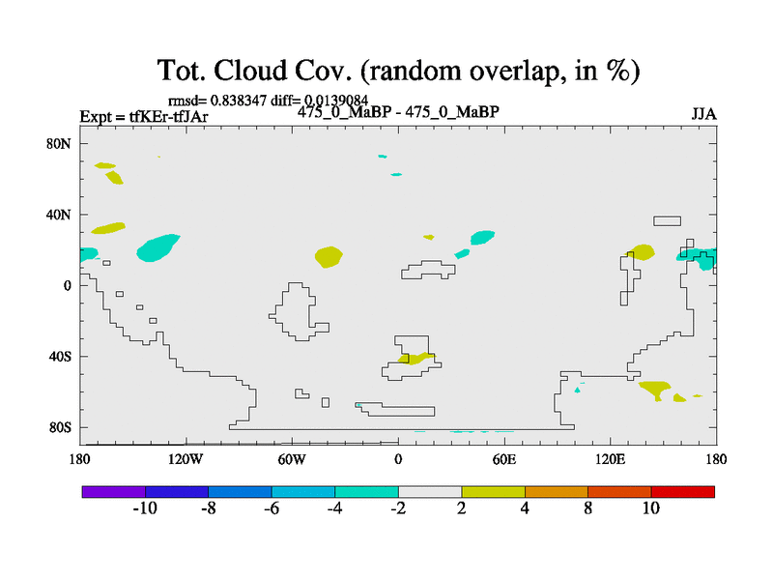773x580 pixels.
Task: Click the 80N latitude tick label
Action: point(59,143)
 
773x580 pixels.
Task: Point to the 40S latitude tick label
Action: point(60,357)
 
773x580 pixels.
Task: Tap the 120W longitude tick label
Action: point(185,460)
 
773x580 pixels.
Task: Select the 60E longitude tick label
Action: point(504,460)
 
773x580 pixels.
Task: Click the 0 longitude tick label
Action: point(398,460)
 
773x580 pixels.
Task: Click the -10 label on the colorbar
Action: point(145,508)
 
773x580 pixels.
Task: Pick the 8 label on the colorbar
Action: point(587,508)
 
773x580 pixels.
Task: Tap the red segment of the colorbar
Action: point(683,492)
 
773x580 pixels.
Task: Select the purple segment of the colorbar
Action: point(114,492)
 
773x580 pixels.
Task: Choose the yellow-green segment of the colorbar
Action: point(493,492)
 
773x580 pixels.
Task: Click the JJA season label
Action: point(703,114)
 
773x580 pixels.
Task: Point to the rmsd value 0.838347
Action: point(239,101)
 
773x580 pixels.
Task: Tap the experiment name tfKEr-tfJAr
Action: point(168,117)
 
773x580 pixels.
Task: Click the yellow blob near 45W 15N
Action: point(329,257)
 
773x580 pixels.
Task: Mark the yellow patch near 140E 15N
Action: point(642,252)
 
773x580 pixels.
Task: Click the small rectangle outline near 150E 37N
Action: point(667,217)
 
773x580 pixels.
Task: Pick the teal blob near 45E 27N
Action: point(482,238)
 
